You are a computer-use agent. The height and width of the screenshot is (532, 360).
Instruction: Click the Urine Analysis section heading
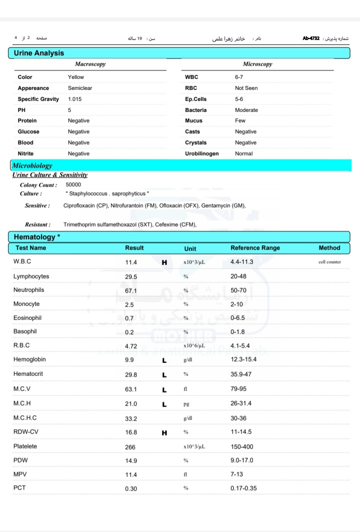pos(39,53)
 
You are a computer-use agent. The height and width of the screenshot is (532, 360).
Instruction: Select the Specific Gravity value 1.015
pos(75,99)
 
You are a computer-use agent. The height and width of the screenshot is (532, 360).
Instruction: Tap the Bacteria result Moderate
pos(246,110)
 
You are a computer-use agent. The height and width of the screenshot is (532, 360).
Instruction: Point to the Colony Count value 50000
pos(73,185)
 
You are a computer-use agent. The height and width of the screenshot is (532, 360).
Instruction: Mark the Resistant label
pos(38,225)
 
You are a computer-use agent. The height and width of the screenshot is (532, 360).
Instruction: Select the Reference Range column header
pos(255,248)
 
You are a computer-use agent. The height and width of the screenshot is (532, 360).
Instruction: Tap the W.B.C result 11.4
pos(131,262)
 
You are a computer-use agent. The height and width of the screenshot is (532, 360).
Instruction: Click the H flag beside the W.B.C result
pos(164,262)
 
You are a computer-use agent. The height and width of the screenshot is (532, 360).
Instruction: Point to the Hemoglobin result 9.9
pos(130,360)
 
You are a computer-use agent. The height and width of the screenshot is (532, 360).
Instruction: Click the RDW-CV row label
pos(26,432)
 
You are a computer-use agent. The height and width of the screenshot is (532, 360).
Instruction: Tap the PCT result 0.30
pos(131,488)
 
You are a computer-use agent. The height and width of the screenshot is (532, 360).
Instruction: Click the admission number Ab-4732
pos(311,38)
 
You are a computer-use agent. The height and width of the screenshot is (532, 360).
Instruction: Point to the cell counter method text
pos(329,262)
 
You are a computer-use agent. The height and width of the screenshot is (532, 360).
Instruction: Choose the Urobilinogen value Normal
pos(244,153)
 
